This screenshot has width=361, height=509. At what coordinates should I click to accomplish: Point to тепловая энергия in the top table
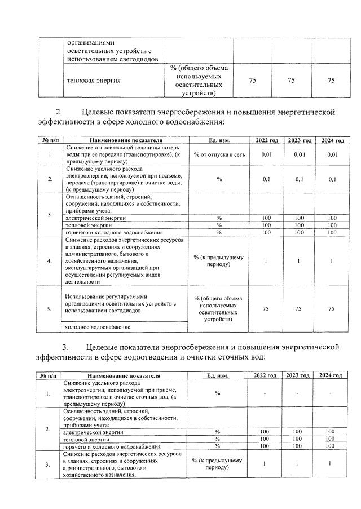pyautogui.click(x=94, y=81)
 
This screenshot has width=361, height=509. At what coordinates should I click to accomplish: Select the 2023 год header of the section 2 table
pyautogui.click(x=300, y=140)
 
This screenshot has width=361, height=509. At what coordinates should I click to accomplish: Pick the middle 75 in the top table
pyautogui.click(x=291, y=81)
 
